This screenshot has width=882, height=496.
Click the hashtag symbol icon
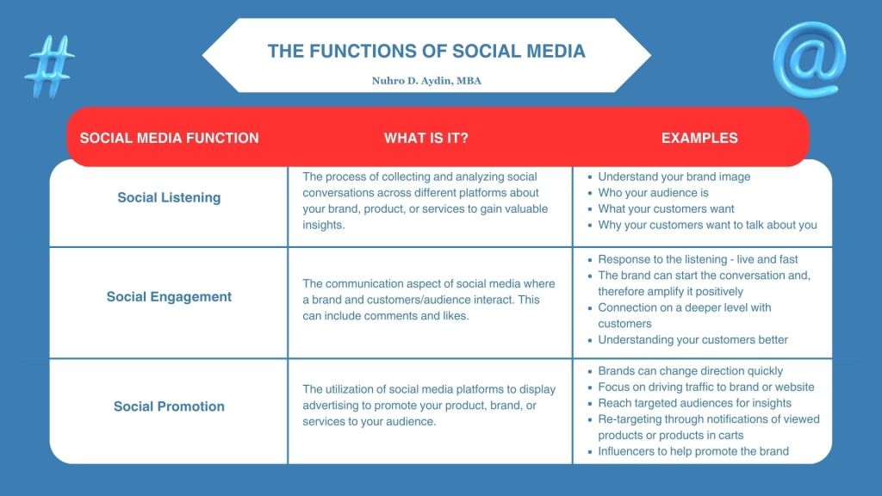click(x=49, y=65)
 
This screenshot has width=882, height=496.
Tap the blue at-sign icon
click(x=809, y=59)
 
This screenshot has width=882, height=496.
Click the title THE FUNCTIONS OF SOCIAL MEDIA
click(x=426, y=51)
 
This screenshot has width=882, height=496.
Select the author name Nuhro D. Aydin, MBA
click(x=426, y=80)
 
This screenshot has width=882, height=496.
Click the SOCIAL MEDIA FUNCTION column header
click(x=170, y=138)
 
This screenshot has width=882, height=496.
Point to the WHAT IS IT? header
click(x=425, y=138)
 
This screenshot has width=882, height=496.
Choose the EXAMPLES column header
click(x=699, y=138)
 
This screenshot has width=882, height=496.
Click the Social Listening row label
click(x=169, y=197)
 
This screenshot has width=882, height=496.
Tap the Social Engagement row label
click(x=169, y=296)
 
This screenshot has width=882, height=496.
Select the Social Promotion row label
click(x=169, y=406)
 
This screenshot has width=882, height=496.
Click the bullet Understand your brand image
click(x=674, y=177)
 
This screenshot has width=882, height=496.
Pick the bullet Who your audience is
click(x=653, y=192)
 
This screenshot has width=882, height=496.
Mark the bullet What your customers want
click(x=666, y=208)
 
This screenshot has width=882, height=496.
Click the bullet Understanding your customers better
click(x=693, y=339)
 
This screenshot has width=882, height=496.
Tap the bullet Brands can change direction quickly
click(x=690, y=371)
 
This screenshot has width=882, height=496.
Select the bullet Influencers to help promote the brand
click(x=693, y=451)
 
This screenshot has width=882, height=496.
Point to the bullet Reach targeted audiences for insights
click(x=695, y=403)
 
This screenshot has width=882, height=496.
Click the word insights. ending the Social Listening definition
click(x=324, y=225)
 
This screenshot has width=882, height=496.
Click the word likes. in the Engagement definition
click(x=456, y=316)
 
